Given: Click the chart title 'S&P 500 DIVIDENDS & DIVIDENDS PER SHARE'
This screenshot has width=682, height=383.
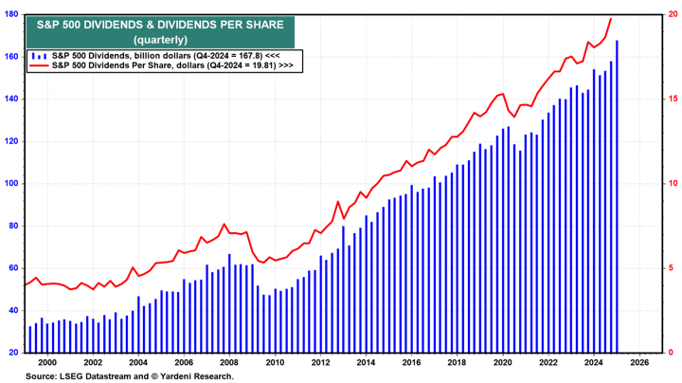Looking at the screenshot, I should (x=160, y=24).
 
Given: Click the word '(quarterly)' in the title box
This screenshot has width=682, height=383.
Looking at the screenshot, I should (x=160, y=40).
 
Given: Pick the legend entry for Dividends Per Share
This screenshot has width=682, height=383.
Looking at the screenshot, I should (x=170, y=66).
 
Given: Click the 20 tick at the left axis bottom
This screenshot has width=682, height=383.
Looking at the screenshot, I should (x=15, y=353).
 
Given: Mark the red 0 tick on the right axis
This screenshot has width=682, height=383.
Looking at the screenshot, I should (x=669, y=353).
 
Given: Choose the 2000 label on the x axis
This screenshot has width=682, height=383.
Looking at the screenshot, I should (x=47, y=362).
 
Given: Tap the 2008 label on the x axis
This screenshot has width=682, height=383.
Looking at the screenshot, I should (x=228, y=362).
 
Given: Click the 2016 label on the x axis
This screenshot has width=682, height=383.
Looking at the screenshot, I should (x=410, y=362).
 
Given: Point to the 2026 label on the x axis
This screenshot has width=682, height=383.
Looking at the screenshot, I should (x=638, y=362).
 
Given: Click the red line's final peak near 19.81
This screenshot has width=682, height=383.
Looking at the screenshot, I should (x=610, y=18).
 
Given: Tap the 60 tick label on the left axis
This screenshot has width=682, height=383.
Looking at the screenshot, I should (x=15, y=268).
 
